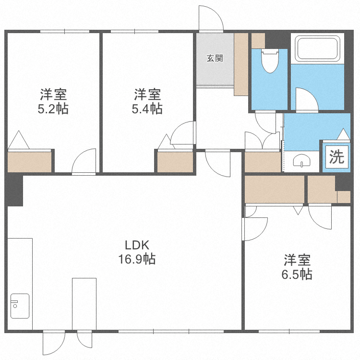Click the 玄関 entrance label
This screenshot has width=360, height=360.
[215, 59]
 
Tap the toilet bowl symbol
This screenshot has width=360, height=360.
[270, 62]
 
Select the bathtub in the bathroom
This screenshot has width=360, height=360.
[317, 49]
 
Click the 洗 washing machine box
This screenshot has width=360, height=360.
[336, 157]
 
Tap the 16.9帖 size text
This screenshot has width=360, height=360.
[137, 260]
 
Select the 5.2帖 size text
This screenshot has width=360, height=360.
[53, 109]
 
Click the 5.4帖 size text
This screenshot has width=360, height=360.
[147, 109]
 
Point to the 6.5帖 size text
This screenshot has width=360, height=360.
[297, 275]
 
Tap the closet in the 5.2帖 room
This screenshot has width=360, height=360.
[29, 161]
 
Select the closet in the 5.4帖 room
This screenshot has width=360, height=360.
[175, 161]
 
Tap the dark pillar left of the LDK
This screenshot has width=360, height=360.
[14, 190]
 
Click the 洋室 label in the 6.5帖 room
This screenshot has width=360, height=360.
[297, 260]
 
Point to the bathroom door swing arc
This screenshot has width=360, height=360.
[305, 100]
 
